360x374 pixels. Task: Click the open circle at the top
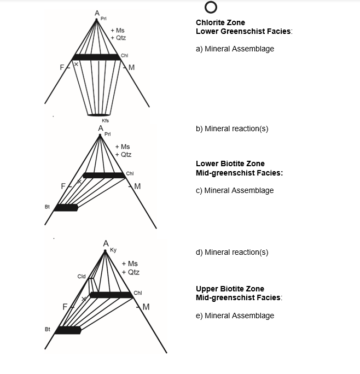click(211, 8)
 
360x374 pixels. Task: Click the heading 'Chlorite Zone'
click(220, 23)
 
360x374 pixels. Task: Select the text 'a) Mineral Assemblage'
click(235, 49)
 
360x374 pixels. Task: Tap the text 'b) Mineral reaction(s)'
click(232, 128)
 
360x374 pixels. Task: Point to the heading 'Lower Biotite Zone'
click(230, 163)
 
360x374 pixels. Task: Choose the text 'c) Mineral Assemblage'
click(235, 190)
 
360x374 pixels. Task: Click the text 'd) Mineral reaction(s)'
click(232, 252)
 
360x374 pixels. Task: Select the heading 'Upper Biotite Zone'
click(230, 289)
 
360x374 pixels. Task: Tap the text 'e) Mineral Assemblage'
click(235, 315)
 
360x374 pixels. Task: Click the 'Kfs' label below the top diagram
click(106, 120)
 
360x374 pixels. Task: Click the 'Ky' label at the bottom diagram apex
click(113, 250)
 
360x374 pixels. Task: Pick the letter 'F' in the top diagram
click(63, 68)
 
